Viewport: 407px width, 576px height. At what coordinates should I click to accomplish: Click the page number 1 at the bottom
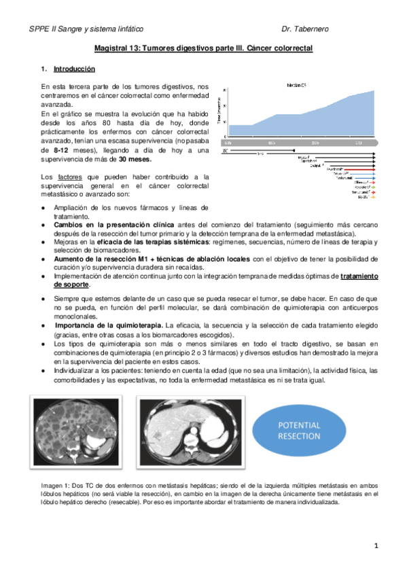coord(376,545)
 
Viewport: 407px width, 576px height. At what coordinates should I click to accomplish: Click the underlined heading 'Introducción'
coord(75,69)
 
